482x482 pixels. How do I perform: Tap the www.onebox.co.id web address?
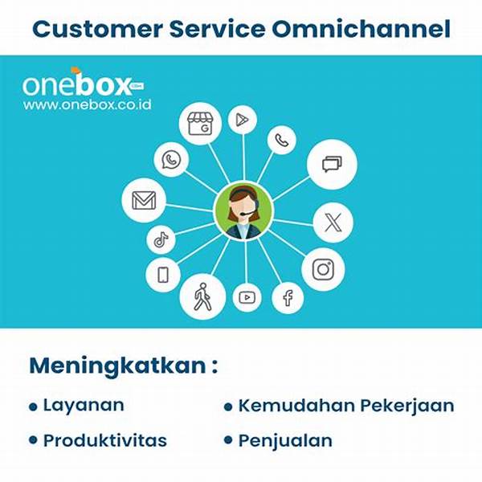(88, 104)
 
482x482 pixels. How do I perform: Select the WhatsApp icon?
(171, 160)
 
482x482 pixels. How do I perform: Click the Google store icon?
(199, 124)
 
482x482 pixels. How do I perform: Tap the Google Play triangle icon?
(242, 121)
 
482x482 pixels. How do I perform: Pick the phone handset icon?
(281, 141)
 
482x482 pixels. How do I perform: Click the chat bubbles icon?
(332, 165)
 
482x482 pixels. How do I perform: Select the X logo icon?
(333, 223)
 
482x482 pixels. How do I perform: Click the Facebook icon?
(288, 298)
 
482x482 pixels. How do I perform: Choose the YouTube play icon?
(247, 297)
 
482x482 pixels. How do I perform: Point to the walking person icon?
(202, 296)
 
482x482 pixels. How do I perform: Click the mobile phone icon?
(163, 275)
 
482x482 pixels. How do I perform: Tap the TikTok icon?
(161, 239)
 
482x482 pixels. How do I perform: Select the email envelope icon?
(144, 200)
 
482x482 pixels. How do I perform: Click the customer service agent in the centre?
(243, 211)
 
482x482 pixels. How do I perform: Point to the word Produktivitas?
(105, 440)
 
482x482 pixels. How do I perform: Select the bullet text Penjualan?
(285, 440)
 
